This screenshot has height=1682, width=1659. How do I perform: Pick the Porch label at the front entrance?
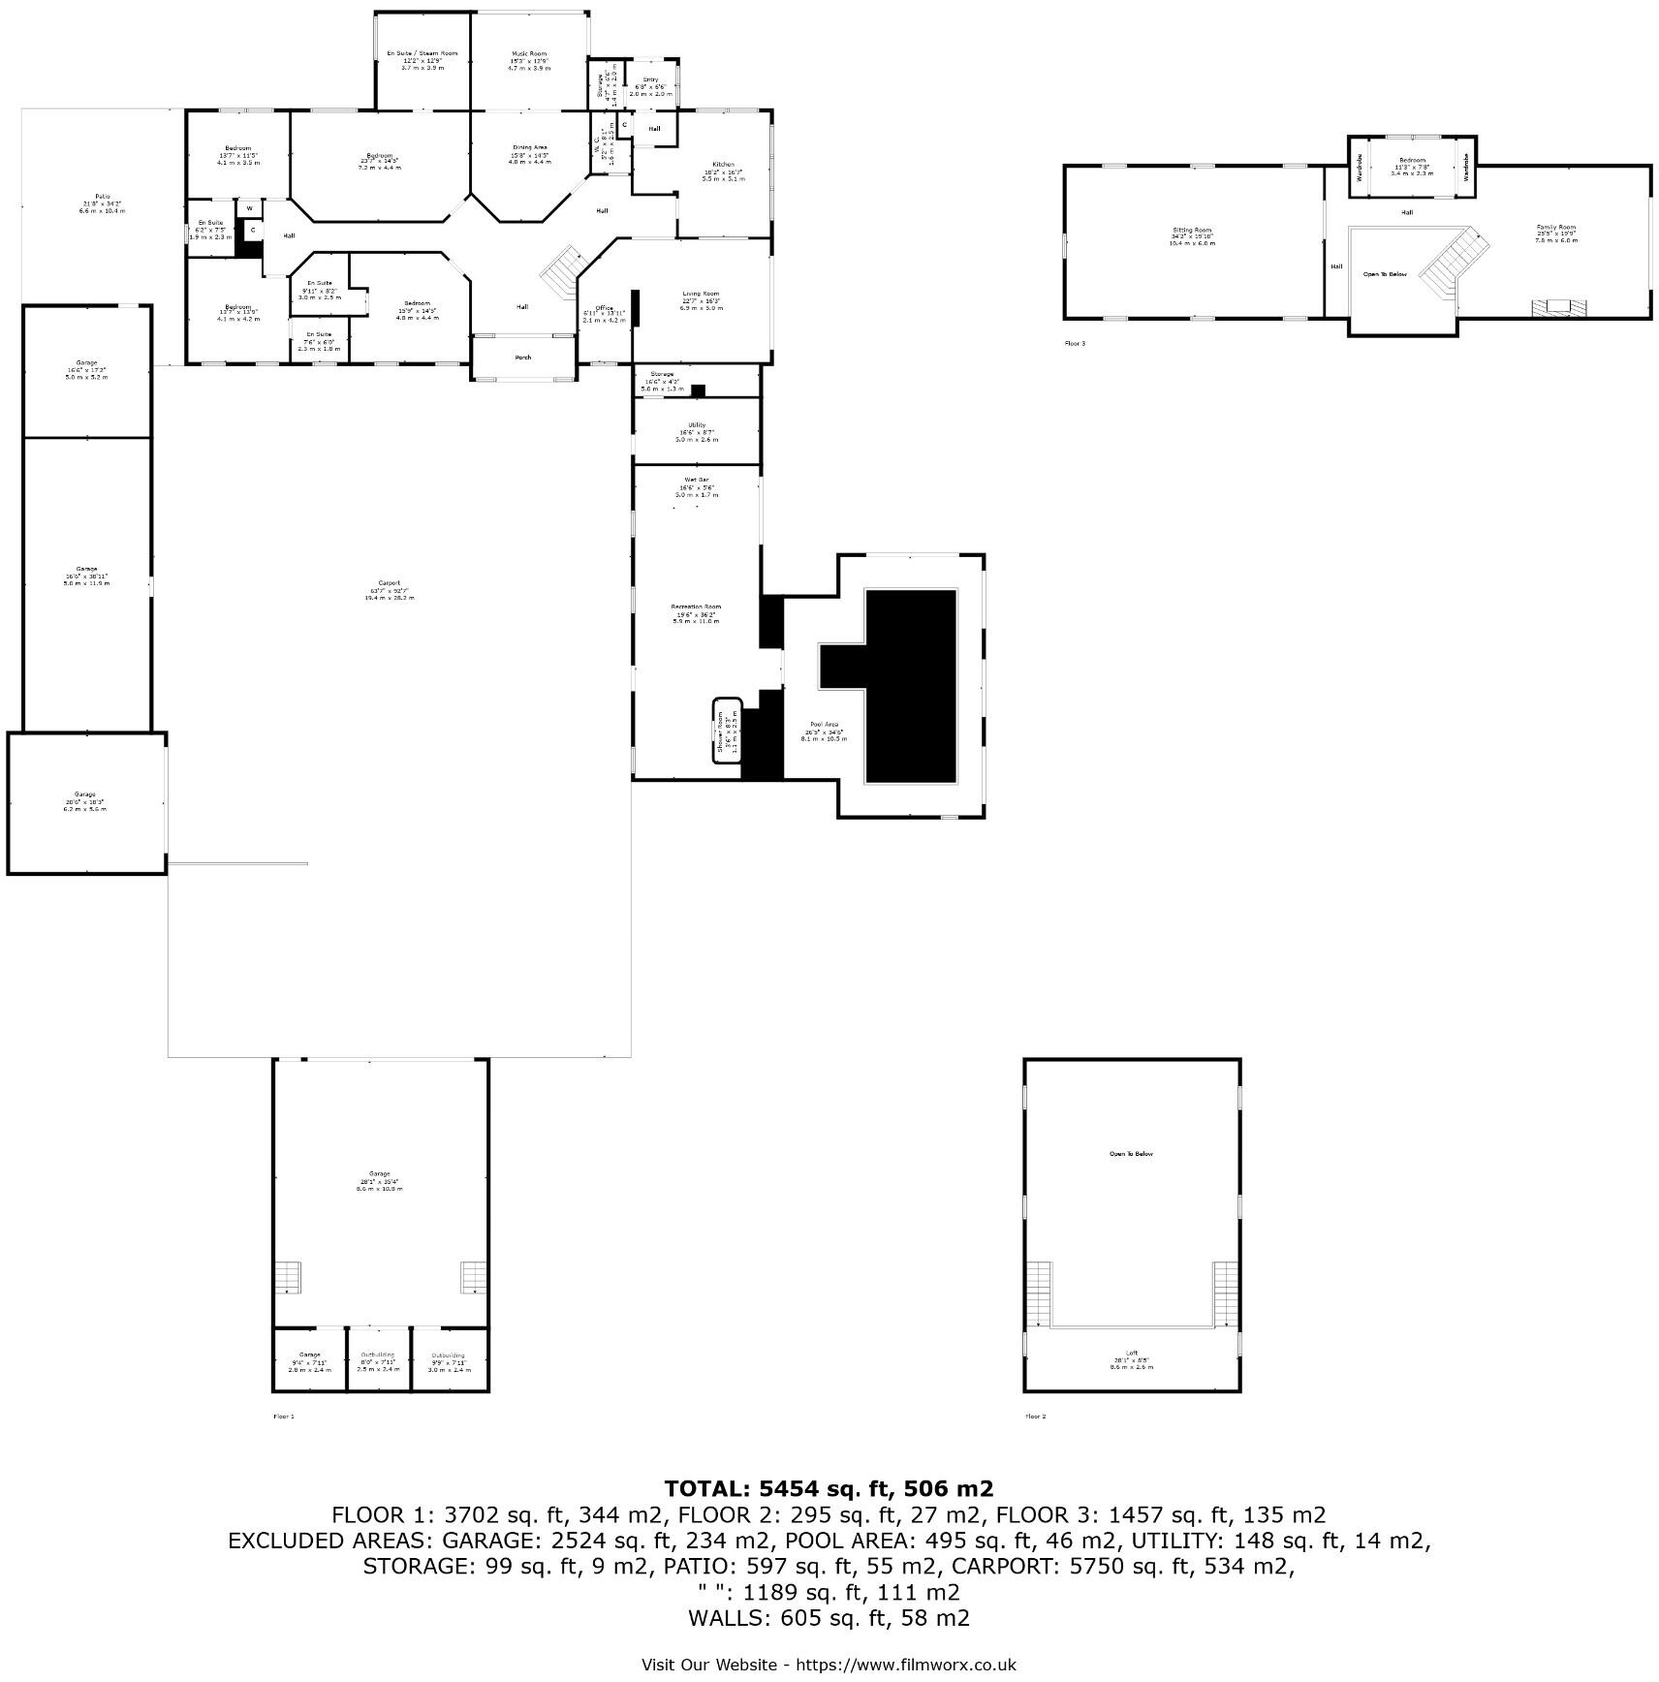523,358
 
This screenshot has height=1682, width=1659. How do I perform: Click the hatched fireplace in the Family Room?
1558,308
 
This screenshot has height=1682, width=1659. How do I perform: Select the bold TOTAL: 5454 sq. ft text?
829,1489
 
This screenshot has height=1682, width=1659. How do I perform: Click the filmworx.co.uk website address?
905,1665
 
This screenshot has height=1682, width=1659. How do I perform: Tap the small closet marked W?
250,208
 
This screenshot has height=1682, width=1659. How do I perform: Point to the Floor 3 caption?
1075,343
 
